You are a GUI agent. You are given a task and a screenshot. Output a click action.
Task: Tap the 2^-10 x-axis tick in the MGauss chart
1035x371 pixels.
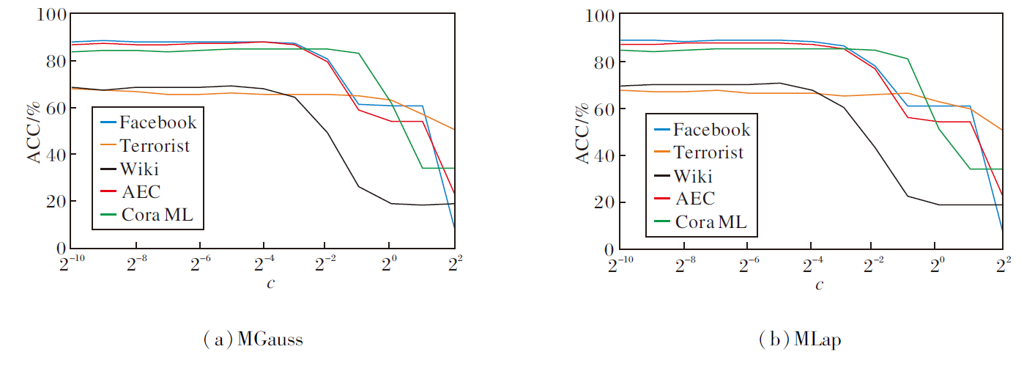pyautogui.click(x=71, y=263)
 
